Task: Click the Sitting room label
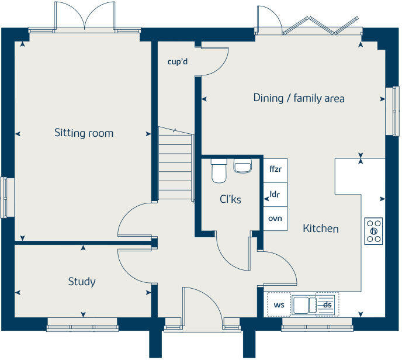point(84,133)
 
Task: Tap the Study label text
point(82,282)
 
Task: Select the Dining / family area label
point(299,98)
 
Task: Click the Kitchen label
point(320,229)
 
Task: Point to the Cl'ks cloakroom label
point(230,199)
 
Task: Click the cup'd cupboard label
point(176,62)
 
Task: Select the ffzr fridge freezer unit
point(275,169)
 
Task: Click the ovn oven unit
point(275,219)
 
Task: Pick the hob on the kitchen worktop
point(373,231)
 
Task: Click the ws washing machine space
point(279,304)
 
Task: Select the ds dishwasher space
point(327,304)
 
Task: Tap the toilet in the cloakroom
point(219,171)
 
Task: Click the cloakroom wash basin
point(242,167)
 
